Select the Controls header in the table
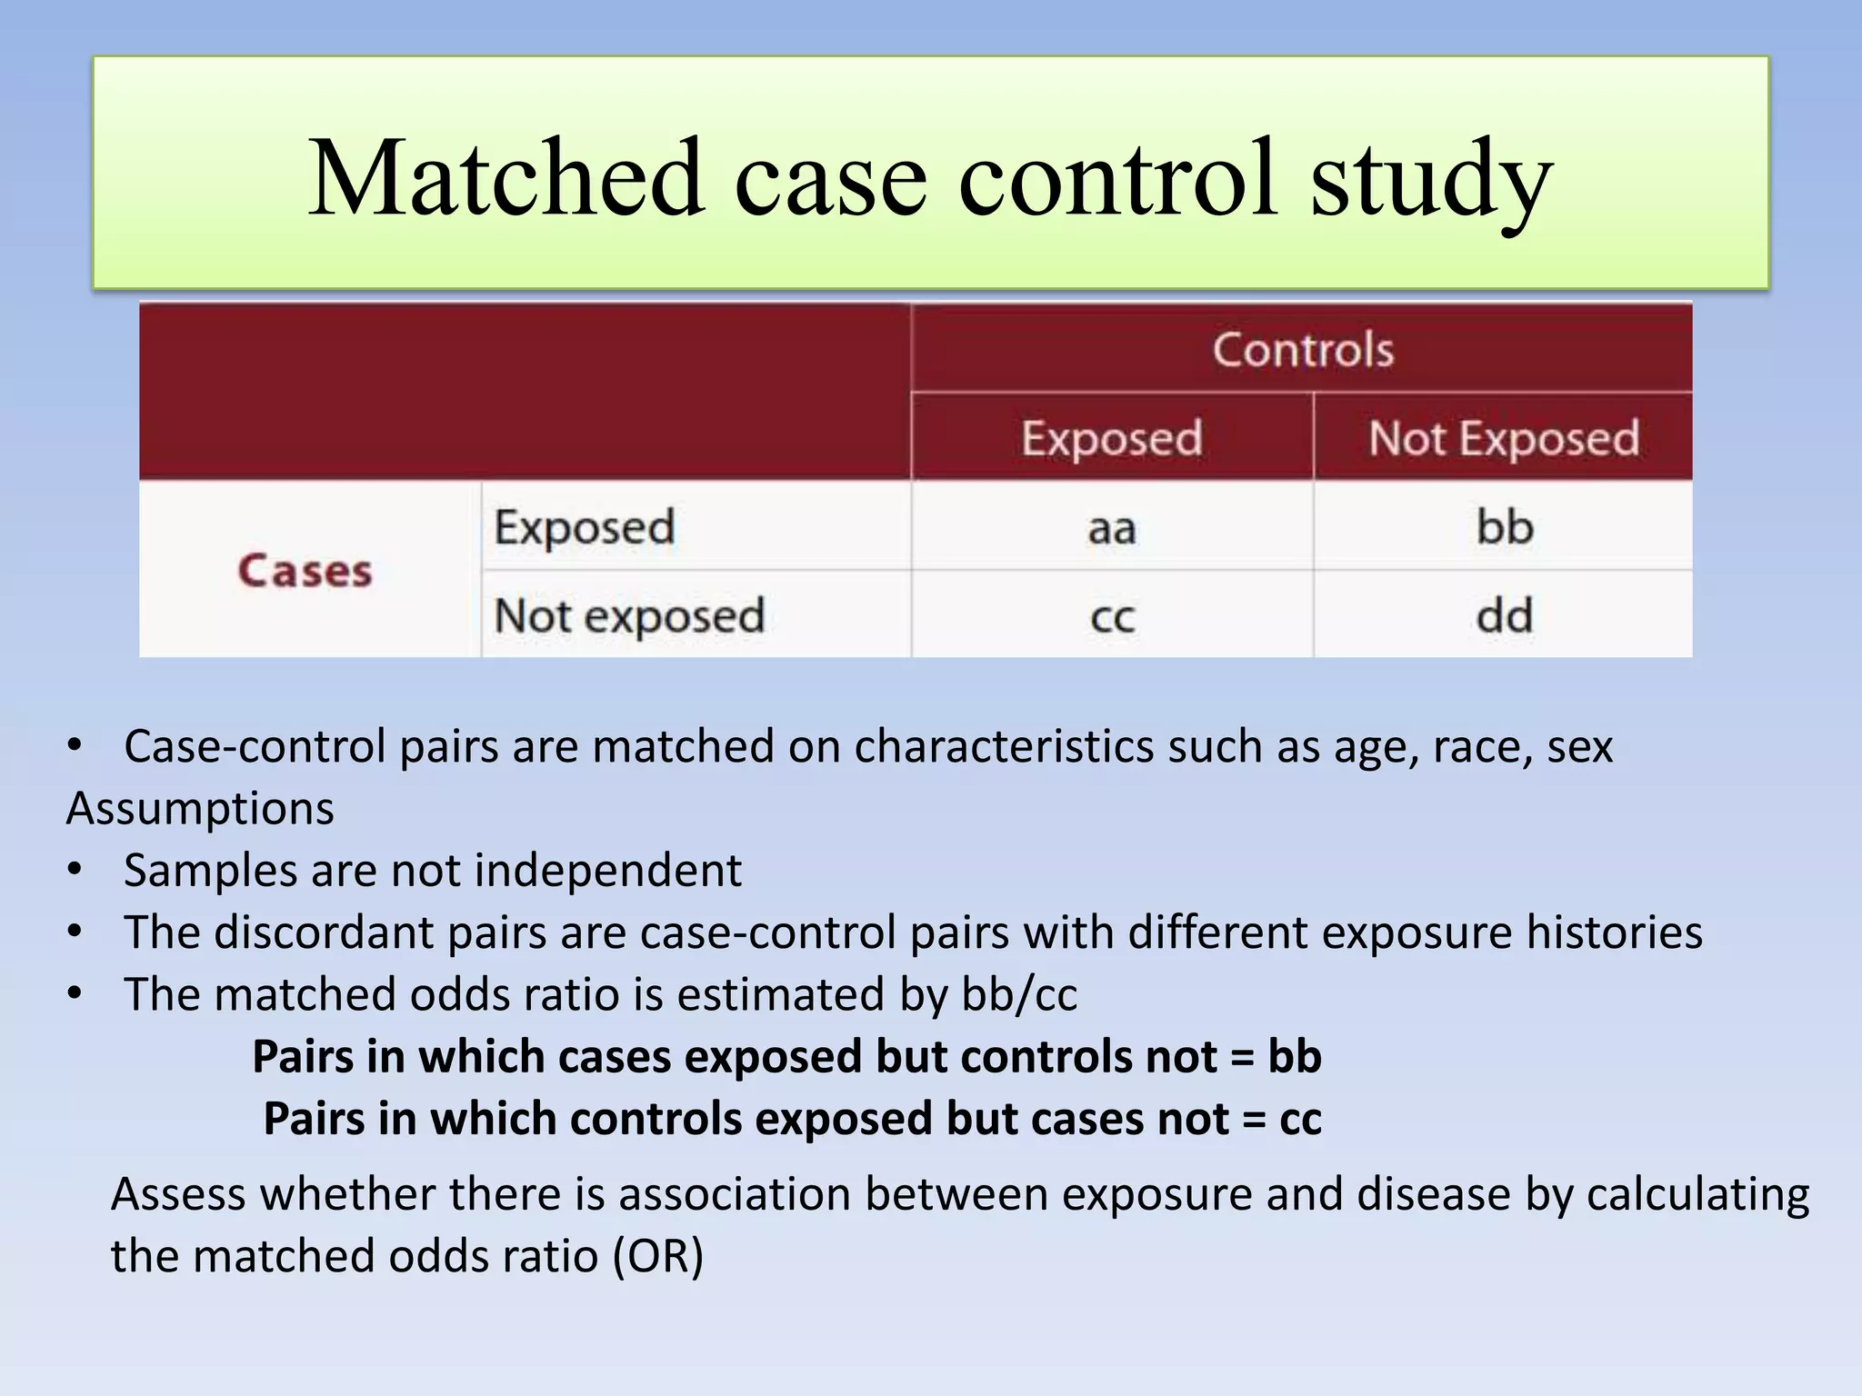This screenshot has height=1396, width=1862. coord(1302,350)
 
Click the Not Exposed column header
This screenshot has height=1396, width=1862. coord(1504,438)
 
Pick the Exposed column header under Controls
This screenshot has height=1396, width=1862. coord(1111,438)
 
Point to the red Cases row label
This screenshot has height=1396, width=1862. coord(305,571)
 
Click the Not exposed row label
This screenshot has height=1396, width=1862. coord(628,615)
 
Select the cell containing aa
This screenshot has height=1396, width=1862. coord(1111,528)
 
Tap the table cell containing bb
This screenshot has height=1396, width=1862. coord(1504,527)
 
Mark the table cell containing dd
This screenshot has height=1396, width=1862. coord(1504,615)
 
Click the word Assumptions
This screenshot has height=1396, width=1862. coord(200,808)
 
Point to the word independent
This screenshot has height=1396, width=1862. coord(608,870)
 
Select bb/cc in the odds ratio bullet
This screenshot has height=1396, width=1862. coord(1019,994)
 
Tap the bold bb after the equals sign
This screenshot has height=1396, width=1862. coord(1294,1057)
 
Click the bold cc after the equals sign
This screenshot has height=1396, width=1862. coord(1299,1119)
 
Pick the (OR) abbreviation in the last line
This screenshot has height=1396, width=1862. coord(657,1256)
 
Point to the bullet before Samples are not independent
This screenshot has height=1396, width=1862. coord(75,870)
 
